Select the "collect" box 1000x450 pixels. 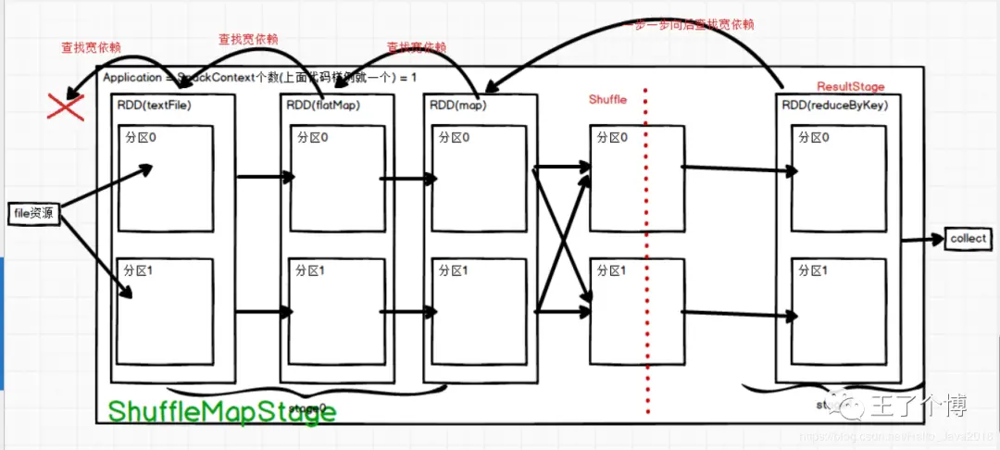969,239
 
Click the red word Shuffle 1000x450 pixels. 608,99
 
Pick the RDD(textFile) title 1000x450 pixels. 154,105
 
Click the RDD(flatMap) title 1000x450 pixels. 323,105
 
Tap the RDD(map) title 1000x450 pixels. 458,105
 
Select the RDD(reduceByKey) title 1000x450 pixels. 835,105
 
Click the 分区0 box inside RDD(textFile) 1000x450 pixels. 167,179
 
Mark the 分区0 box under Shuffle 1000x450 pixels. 637,179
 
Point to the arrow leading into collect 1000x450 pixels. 922,240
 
